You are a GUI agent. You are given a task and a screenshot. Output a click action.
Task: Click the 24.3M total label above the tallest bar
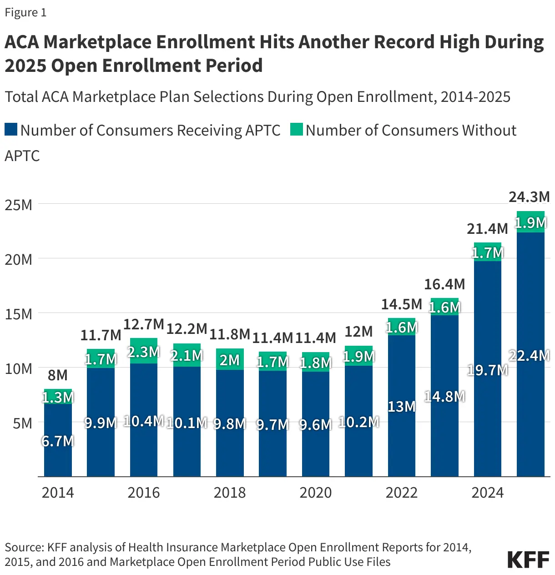coord(529,197)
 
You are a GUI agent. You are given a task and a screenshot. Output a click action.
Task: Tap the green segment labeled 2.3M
coord(144,352)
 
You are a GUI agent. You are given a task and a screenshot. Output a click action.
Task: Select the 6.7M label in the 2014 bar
coord(58,441)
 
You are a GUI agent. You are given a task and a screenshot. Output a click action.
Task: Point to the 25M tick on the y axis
coord(19,205)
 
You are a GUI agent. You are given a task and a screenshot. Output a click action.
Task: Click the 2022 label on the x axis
coord(401,493)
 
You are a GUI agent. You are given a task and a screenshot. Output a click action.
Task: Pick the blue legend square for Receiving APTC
coord(11,130)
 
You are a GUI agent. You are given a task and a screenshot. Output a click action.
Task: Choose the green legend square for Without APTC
coord(297,130)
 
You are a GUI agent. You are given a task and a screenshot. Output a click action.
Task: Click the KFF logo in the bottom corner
coord(528,560)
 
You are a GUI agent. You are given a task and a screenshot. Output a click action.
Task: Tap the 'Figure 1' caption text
coord(25,12)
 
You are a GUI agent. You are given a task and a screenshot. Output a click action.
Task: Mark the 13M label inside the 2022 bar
coord(401,406)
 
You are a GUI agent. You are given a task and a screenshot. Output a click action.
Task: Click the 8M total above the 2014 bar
coord(58,375)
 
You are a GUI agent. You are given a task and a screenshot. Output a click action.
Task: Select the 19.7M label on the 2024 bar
coord(487,370)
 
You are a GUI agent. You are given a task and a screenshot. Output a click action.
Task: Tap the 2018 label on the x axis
coord(229,493)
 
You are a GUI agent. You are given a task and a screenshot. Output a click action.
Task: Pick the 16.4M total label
coord(444,284)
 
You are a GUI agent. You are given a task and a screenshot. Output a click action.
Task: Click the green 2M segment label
coord(230,360)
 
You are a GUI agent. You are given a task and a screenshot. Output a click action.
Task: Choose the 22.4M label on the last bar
coord(529,355)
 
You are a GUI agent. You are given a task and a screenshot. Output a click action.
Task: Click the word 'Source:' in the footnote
coord(24,547)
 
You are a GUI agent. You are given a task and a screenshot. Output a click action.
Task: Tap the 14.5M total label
coord(401,304)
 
